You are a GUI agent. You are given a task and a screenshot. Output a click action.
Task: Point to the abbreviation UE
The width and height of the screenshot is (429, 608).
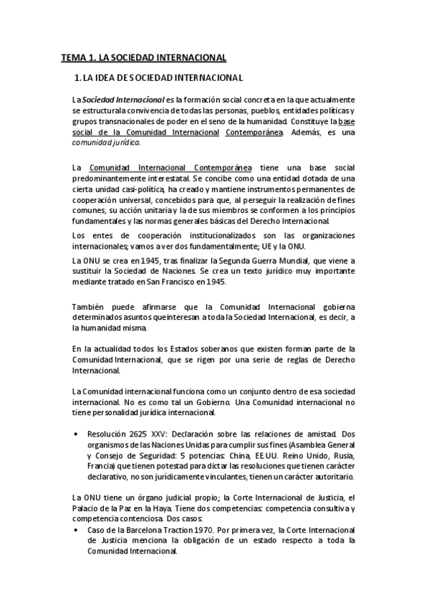click(261, 246)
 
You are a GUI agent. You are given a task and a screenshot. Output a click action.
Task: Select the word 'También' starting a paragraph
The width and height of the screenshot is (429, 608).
click(88, 308)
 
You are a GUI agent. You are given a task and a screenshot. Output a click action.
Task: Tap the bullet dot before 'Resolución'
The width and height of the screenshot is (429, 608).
click(77, 434)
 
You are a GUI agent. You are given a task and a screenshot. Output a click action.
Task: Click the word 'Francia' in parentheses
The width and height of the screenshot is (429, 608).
click(102, 467)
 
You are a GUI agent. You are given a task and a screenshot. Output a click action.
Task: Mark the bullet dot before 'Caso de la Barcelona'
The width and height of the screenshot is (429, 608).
click(77, 530)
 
